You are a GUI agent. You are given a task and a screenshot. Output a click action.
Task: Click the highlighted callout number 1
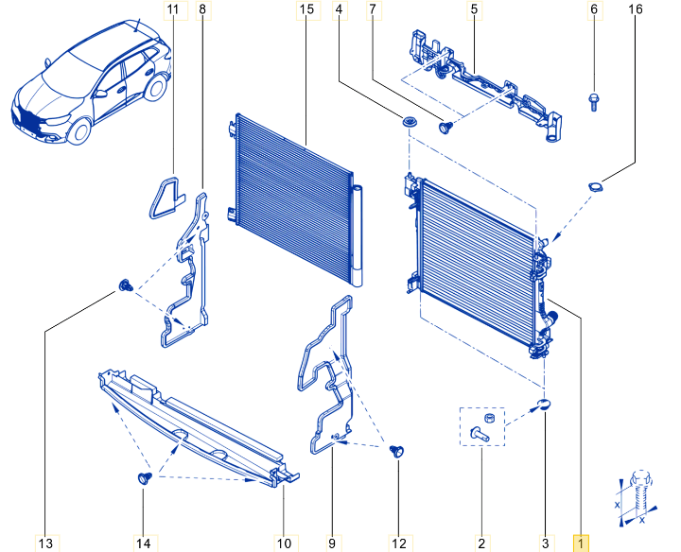click(581, 543)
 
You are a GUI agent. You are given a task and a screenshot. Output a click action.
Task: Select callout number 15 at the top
click(306, 9)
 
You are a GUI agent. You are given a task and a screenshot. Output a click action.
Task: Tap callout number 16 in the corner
click(636, 9)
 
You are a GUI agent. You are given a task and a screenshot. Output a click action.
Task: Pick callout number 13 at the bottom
click(45, 543)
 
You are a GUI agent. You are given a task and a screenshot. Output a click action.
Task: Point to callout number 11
click(173, 9)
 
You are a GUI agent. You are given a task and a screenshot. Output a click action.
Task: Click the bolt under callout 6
click(593, 102)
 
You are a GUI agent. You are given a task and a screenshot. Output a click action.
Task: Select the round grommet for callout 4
click(409, 122)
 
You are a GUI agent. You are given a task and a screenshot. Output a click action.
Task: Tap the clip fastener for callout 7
click(445, 128)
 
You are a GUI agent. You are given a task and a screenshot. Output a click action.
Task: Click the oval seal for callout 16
click(596, 187)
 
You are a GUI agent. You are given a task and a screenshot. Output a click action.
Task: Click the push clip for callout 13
click(126, 285)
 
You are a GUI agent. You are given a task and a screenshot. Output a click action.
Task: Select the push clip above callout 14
click(145, 477)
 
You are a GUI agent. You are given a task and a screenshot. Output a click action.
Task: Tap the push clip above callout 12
click(396, 451)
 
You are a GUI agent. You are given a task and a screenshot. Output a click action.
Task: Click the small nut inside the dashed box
click(488, 419)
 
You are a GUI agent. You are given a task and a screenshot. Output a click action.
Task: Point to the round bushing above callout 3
click(544, 405)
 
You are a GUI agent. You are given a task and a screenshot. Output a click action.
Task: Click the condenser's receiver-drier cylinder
click(357, 235)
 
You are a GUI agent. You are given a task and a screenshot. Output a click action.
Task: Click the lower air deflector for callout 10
click(198, 427)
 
